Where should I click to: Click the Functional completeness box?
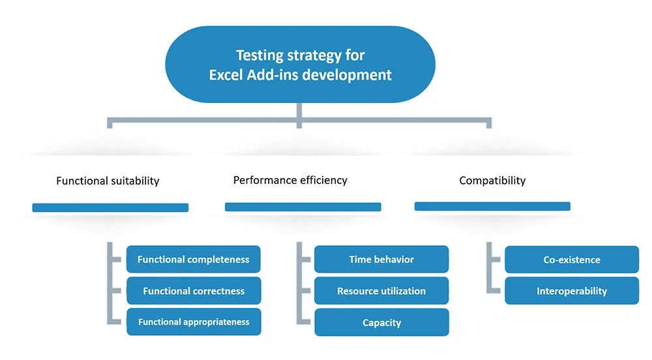coord(194,259)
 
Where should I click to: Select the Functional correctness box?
coord(194,291)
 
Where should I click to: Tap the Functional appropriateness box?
coord(194,322)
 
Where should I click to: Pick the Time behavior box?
coord(381,259)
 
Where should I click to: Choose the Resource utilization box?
coord(381,291)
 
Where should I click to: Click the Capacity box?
coord(381,322)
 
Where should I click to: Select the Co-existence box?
coord(572,260)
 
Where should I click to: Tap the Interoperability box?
coord(572,291)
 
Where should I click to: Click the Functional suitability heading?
coord(108,181)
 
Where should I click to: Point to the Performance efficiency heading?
coord(290,180)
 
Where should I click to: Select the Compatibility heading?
coord(492,181)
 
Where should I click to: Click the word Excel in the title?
coord(226,75)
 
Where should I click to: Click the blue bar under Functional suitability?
coord(110,207)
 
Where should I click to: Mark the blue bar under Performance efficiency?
coord(303,207)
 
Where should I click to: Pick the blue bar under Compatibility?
coord(492,206)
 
